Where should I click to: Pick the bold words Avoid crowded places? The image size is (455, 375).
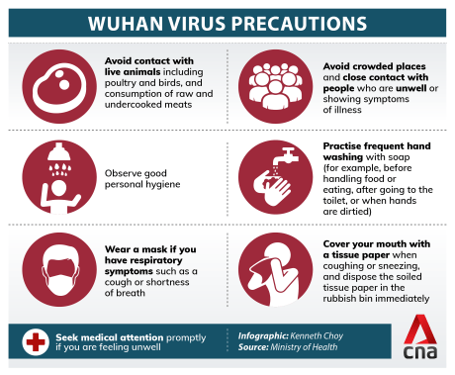pyautogui.click(x=374, y=64)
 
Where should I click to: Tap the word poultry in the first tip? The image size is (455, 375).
pyautogui.click(x=122, y=84)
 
